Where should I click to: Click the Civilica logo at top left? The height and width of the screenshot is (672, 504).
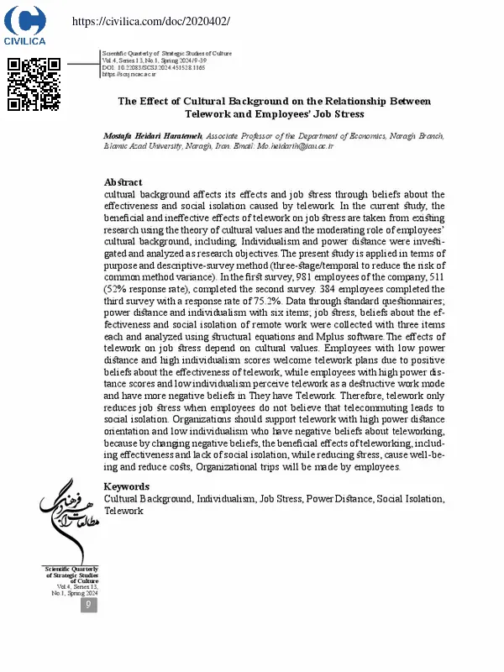coord(26,26)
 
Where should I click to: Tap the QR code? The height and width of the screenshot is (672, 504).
coord(34,84)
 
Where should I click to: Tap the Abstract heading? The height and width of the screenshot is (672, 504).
coord(123,182)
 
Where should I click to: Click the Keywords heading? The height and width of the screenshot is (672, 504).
coord(126,486)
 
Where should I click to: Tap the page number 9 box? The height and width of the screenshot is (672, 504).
coord(89,604)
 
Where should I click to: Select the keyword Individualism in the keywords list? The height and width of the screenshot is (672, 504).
coord(227,498)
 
